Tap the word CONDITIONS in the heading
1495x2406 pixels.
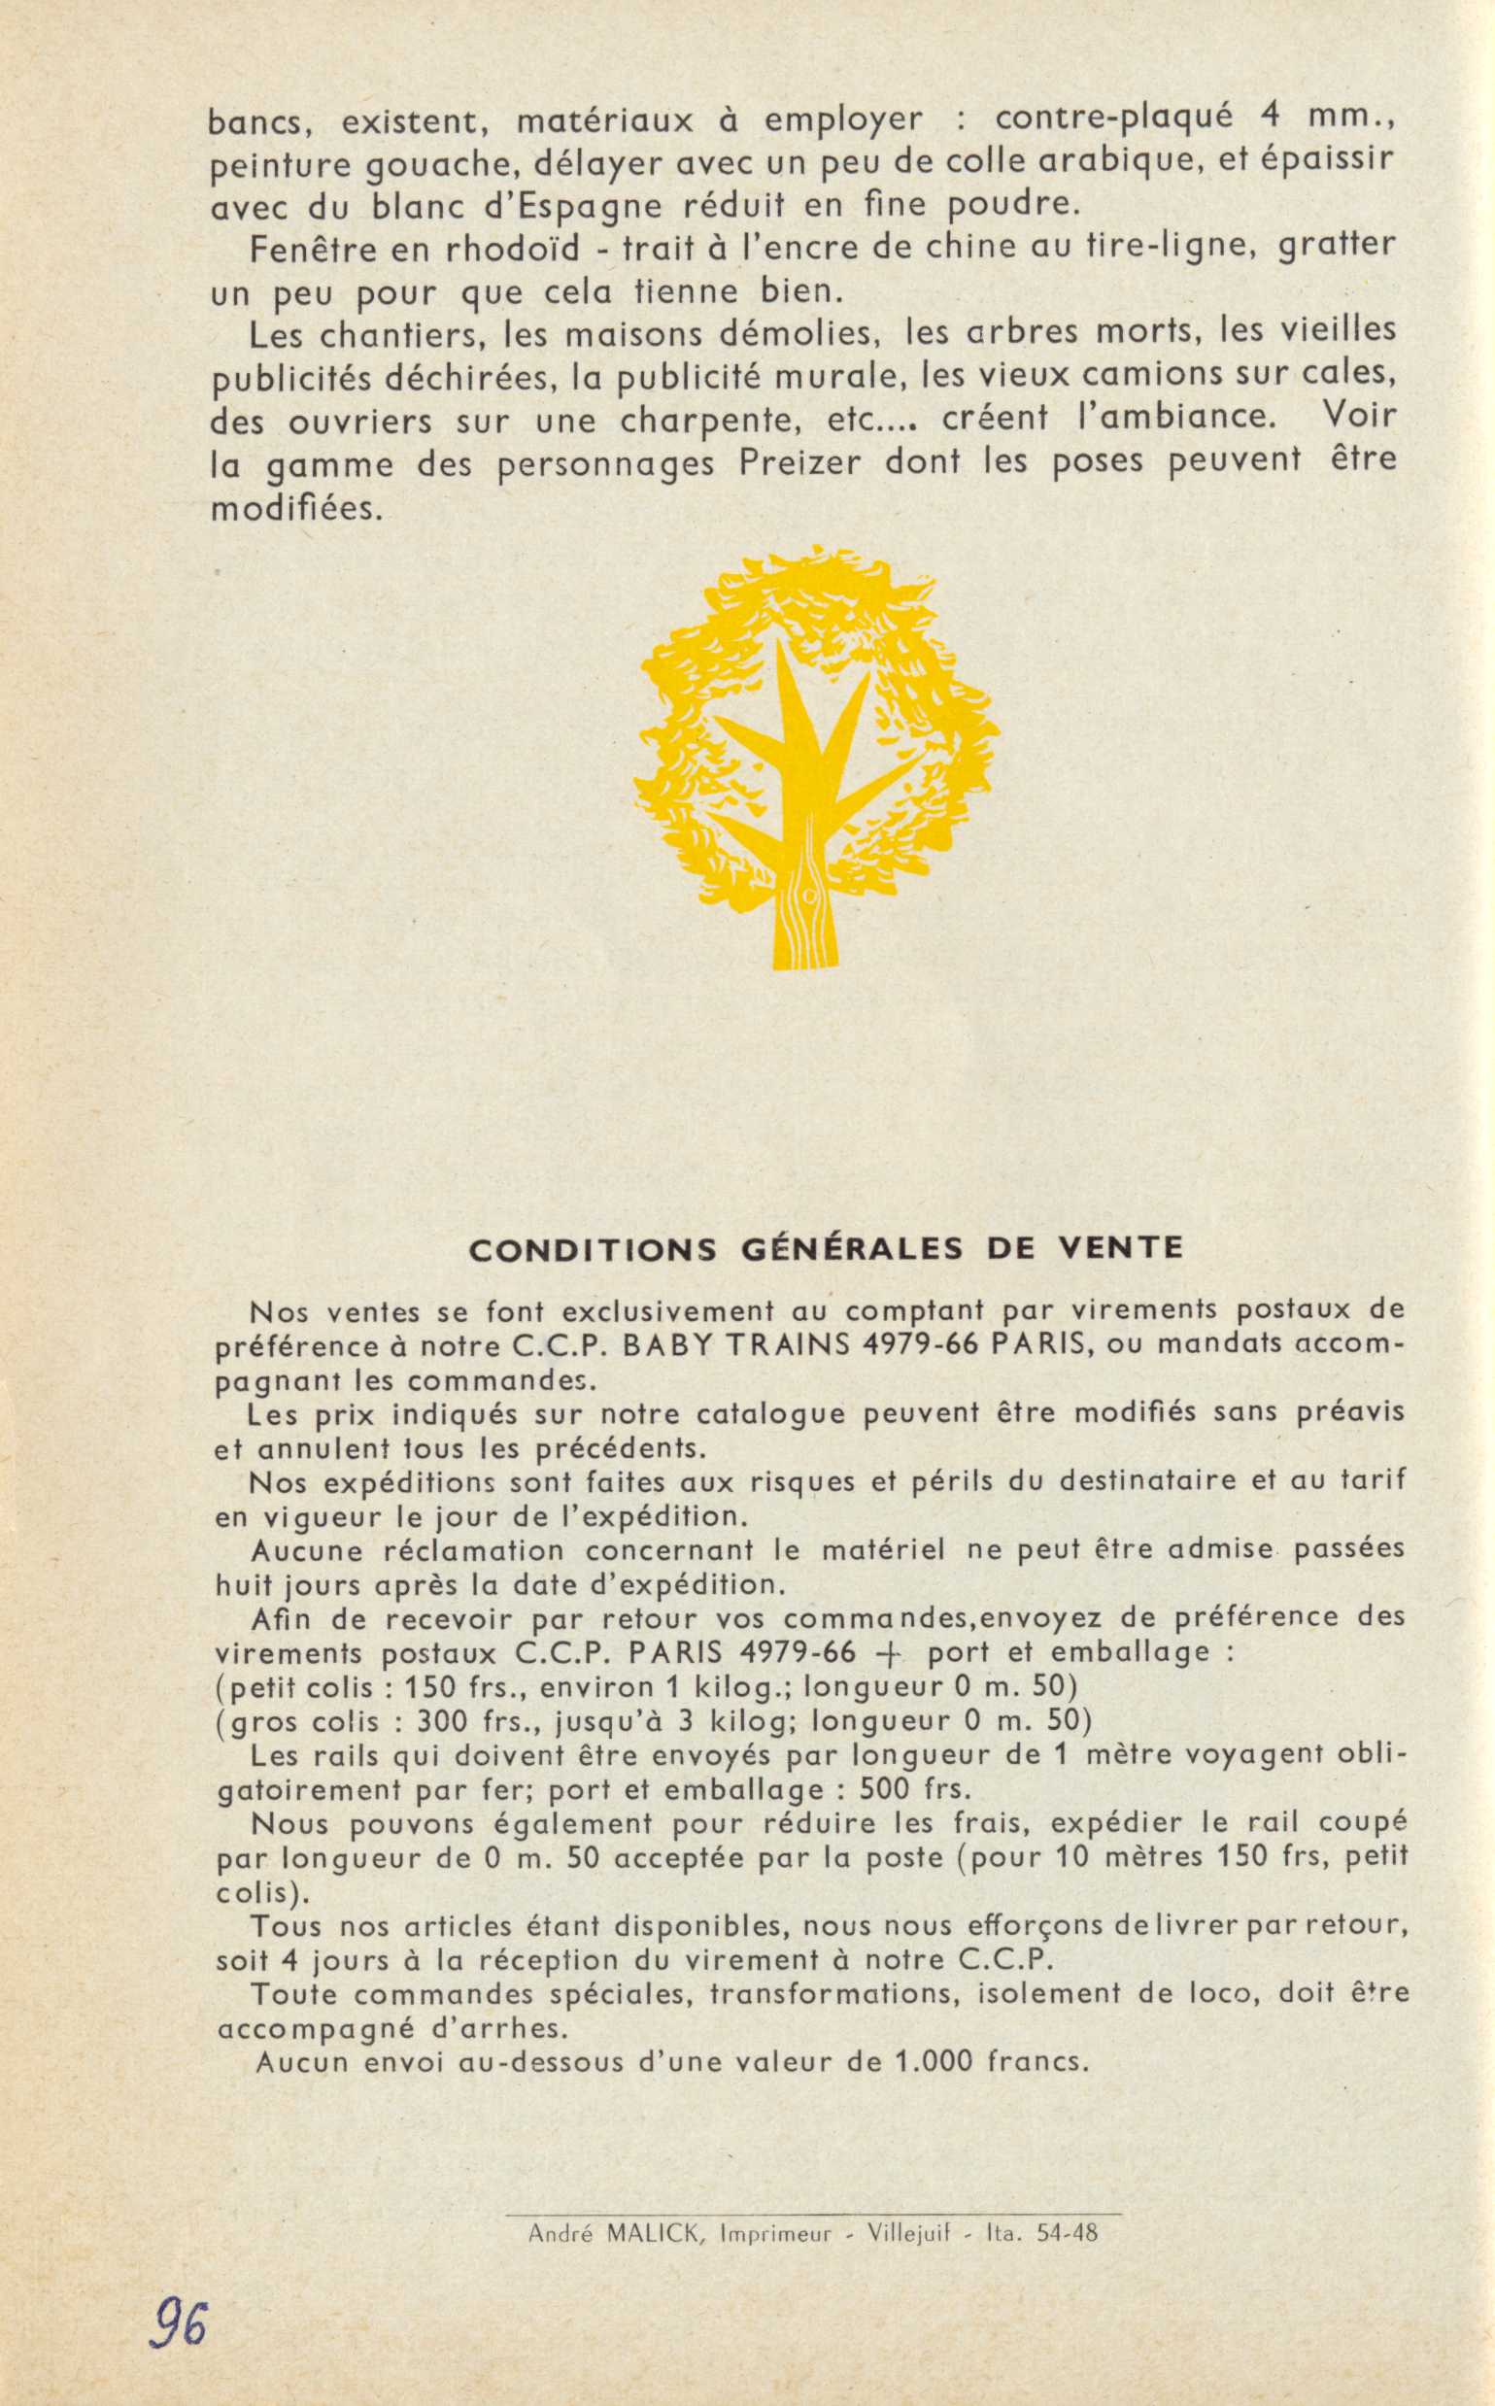click(593, 1248)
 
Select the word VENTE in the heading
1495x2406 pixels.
click(1120, 1247)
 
